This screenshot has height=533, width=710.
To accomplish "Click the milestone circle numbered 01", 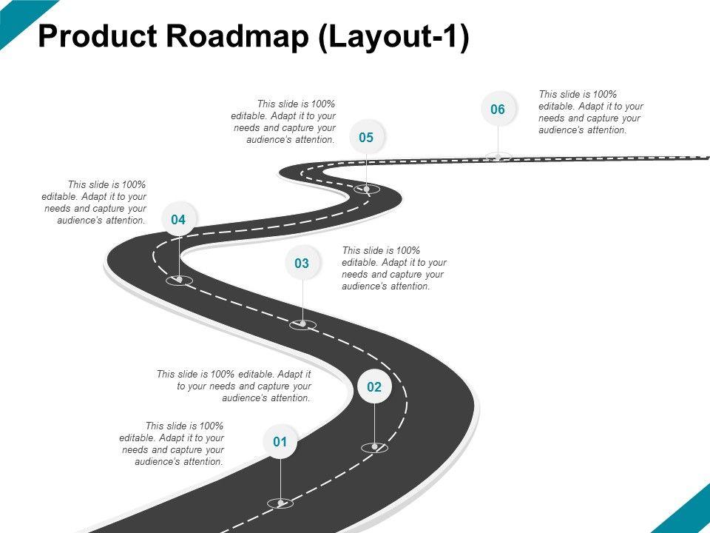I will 280,443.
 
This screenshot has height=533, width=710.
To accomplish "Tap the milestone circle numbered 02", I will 373,387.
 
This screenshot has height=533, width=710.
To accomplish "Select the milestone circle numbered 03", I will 301,263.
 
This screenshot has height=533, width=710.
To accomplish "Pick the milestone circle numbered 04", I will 177,219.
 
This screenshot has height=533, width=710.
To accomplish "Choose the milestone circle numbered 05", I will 366,137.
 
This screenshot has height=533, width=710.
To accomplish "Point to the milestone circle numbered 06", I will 497,110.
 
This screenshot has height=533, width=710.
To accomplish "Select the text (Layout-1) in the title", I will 393,37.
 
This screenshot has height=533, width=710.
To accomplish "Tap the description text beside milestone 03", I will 393,268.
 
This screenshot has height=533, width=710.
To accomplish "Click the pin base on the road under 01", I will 280,503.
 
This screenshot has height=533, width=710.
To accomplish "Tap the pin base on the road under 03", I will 302,324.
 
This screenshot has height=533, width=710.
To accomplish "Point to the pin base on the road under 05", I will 366,190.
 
